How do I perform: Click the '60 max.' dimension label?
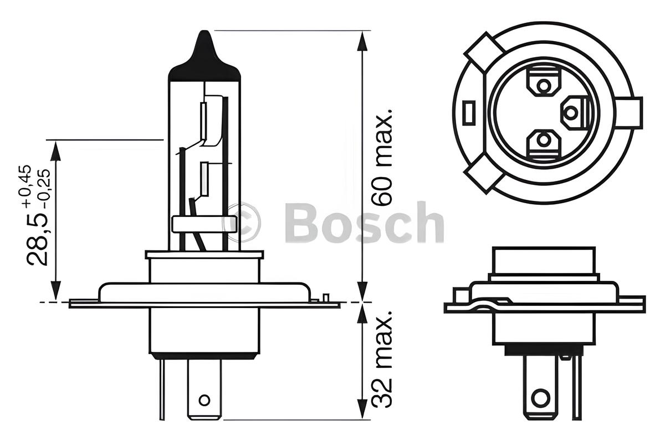point(384,158)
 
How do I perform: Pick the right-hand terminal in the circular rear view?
point(571,112)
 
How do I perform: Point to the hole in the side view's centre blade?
point(205,400)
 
